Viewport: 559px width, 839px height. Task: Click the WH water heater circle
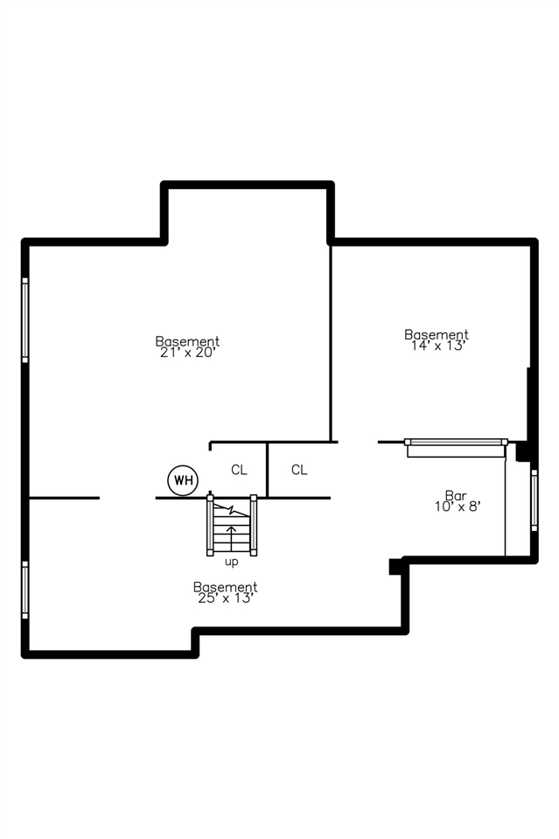tap(183, 479)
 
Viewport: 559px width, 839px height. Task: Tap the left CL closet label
tap(239, 470)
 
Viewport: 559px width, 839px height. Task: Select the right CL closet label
tap(299, 470)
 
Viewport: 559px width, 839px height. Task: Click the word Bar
tap(456, 494)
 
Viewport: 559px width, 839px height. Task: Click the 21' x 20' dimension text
tap(187, 353)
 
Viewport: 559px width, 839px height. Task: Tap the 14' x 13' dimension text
tap(436, 346)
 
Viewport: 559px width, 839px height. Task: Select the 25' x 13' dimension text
tap(225, 598)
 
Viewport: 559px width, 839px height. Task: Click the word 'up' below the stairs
tap(232, 562)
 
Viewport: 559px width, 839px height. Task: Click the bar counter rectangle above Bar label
tap(456, 447)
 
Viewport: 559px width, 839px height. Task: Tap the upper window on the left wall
tap(25, 319)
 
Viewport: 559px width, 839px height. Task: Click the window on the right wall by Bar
tap(534, 499)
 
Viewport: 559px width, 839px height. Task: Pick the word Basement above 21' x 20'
tap(187, 341)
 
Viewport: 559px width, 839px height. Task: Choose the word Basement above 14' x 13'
tap(436, 334)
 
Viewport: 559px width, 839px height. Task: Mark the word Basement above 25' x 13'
tap(225, 587)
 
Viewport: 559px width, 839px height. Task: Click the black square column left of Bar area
tap(395, 567)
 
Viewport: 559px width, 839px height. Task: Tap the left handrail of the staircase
tap(210, 525)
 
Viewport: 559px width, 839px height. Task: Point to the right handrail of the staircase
tap(254, 525)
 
